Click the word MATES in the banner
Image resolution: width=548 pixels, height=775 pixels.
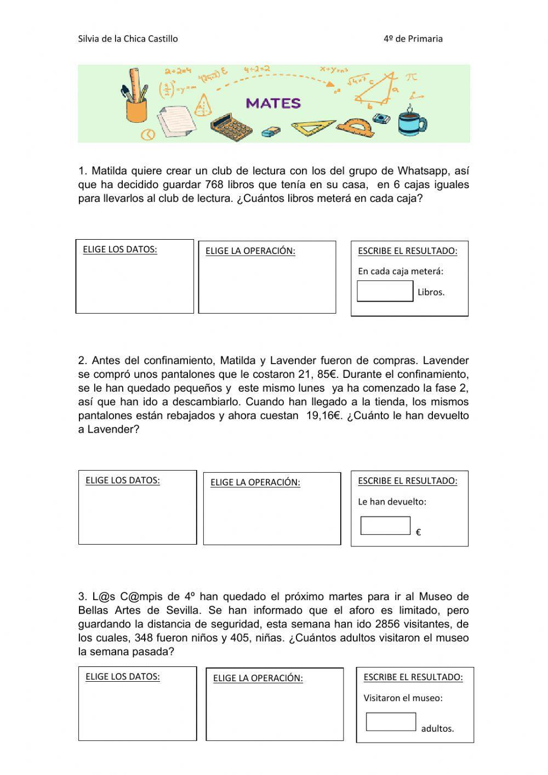coord(273,103)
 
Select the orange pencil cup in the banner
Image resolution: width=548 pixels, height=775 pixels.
coord(136,108)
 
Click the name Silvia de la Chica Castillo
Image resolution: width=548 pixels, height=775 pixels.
coord(128,38)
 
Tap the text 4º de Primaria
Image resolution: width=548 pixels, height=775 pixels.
coord(413,38)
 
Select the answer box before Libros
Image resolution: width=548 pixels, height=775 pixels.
coord(385,291)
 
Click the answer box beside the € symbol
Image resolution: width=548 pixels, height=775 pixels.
coord(385,525)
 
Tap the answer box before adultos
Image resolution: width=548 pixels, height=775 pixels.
coord(391,722)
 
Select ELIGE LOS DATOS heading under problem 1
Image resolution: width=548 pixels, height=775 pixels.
coord(120,250)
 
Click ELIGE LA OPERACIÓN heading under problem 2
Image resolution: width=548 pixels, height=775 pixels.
coord(255,483)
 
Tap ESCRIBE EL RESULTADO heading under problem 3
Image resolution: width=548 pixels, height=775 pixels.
coord(413,677)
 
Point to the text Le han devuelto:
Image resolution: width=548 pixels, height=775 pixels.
coord(392,501)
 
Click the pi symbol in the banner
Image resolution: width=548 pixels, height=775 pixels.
coord(411,77)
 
